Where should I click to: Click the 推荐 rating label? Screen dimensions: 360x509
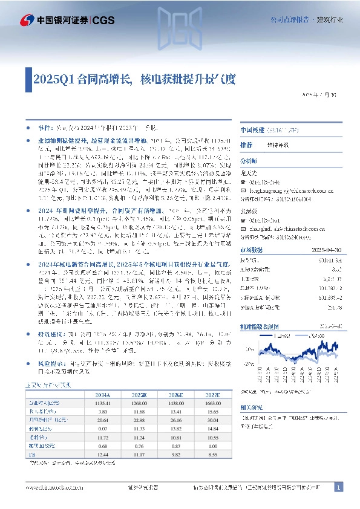(x=246, y=146)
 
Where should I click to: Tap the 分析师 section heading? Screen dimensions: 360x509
(x=249, y=161)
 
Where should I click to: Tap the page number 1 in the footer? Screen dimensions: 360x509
(x=339, y=487)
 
